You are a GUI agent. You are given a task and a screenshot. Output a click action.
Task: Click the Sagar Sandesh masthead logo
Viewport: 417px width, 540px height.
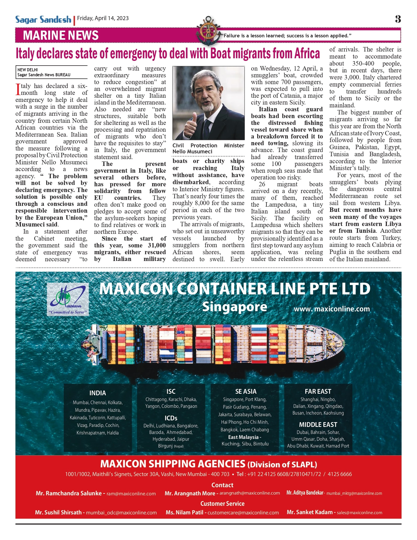point(43,20)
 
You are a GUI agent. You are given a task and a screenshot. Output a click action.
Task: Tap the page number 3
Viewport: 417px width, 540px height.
point(398,19)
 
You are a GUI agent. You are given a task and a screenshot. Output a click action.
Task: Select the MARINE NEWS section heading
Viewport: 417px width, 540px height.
point(61,35)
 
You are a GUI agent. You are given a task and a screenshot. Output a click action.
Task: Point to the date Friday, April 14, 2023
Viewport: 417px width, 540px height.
point(103,18)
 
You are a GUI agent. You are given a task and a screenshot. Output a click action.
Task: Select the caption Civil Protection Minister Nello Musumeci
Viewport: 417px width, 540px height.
point(208,148)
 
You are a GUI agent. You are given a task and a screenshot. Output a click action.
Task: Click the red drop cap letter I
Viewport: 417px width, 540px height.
point(18,89)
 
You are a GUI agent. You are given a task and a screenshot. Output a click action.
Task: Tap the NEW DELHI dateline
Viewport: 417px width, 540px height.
point(28,70)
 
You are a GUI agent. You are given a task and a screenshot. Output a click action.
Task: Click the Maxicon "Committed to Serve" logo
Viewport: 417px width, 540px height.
point(68,300)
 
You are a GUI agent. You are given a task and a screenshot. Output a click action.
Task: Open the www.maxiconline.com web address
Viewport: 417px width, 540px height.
point(332,309)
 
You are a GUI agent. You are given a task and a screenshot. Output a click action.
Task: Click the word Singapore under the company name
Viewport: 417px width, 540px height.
point(235,307)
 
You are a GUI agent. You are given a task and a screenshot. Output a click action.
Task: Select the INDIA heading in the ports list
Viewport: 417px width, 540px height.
point(98,393)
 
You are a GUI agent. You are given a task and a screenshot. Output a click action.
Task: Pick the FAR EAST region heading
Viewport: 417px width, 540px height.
point(318,391)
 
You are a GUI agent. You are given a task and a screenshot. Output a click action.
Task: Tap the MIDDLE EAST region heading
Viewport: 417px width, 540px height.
point(318,425)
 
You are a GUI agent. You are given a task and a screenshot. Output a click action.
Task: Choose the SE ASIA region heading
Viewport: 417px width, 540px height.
point(246,391)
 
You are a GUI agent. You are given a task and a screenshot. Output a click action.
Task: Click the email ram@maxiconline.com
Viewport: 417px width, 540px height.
point(131,494)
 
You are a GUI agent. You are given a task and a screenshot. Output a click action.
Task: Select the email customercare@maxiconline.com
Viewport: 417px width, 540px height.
point(243,513)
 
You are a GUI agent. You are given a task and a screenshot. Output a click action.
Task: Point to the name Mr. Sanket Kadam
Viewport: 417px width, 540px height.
point(310,512)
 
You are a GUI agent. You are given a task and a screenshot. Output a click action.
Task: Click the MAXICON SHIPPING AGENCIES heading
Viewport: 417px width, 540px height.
point(173,464)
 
